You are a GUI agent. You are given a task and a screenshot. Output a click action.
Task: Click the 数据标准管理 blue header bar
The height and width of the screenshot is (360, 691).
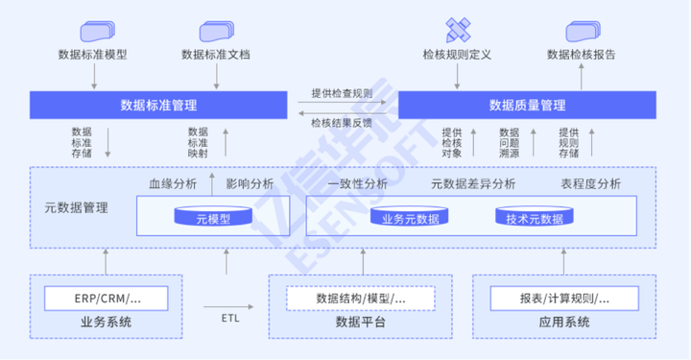click(158, 105)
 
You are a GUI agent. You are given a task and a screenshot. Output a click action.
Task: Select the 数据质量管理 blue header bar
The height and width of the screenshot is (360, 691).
click(527, 105)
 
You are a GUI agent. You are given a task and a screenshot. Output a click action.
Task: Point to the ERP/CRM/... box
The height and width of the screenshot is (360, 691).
click(107, 299)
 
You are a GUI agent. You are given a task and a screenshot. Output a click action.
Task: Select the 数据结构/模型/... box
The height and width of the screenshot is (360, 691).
click(361, 299)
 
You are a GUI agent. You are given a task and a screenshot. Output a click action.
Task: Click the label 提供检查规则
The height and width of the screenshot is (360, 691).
click(342, 93)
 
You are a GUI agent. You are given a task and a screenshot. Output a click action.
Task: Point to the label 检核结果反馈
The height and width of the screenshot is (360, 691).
click(342, 122)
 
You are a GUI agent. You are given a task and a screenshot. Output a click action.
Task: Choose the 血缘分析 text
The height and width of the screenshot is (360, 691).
click(172, 183)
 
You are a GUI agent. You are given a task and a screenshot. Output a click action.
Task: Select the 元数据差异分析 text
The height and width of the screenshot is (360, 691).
click(473, 183)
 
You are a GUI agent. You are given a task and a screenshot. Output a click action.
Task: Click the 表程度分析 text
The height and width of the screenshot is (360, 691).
click(590, 183)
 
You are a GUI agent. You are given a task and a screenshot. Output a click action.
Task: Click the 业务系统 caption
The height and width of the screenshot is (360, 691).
click(106, 322)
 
